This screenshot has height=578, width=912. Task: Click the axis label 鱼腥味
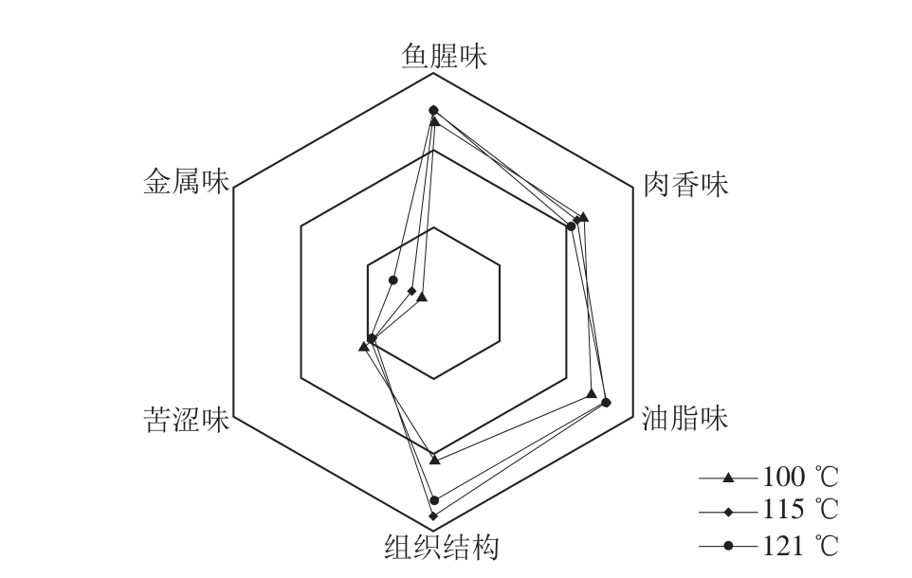tap(445, 57)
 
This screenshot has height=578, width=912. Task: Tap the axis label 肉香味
tap(685, 185)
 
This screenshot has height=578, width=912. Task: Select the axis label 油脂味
tap(684, 418)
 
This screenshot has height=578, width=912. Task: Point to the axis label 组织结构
tap(442, 547)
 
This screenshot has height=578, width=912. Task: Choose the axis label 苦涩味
tap(186, 420)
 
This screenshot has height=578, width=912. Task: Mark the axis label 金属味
tap(186, 181)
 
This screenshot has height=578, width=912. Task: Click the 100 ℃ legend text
tap(800, 477)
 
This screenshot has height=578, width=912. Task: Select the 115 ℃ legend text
tap(800, 510)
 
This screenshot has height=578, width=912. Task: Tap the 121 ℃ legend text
tap(800, 546)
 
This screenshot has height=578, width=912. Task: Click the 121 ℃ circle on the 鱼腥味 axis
tap(433, 111)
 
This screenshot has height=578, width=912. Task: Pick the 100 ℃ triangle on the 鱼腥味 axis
tap(434, 121)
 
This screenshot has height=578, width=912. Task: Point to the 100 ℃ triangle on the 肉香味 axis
tap(584, 217)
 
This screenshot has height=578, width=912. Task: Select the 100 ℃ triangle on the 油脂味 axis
tap(593, 394)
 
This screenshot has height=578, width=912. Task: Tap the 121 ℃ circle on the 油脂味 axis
tap(606, 403)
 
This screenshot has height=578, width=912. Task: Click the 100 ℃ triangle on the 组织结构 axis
tap(434, 460)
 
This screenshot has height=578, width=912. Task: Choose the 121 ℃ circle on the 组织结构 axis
tap(434, 500)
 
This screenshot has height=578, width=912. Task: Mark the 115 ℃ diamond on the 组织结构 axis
tap(433, 515)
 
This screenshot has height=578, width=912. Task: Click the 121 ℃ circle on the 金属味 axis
tap(393, 280)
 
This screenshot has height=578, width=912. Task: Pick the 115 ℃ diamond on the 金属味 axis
tap(412, 291)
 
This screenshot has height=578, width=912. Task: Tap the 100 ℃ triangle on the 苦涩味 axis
tap(363, 347)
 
